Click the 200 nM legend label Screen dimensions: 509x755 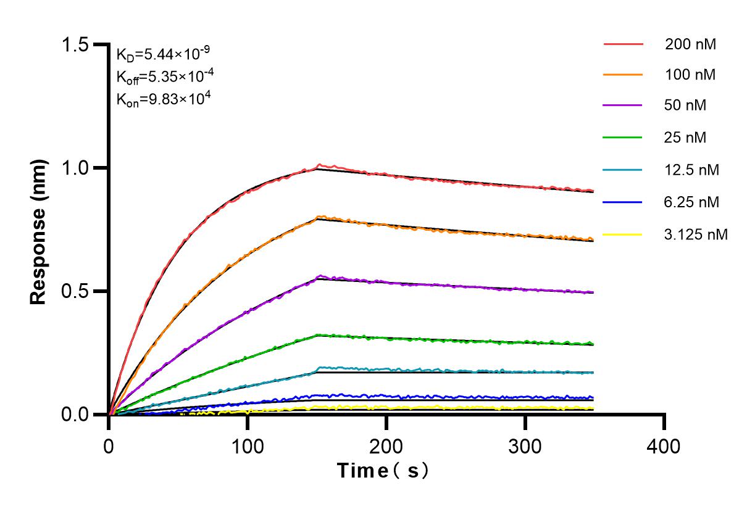tap(691, 44)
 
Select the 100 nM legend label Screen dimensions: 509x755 tap(691, 75)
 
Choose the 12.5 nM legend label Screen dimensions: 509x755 tap(692, 169)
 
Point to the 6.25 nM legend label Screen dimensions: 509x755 tap(692, 201)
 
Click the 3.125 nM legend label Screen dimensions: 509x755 tap(696, 234)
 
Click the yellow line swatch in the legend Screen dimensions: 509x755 tap(623, 234)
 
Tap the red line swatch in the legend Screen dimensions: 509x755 tap(623, 44)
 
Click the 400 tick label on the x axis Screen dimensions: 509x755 tap(664, 445)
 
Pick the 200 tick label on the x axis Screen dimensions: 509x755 tap(386, 445)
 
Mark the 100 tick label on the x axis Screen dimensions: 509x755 tap(248, 445)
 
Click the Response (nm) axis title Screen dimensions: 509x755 tap(39, 230)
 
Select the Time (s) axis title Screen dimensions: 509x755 tap(383, 471)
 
